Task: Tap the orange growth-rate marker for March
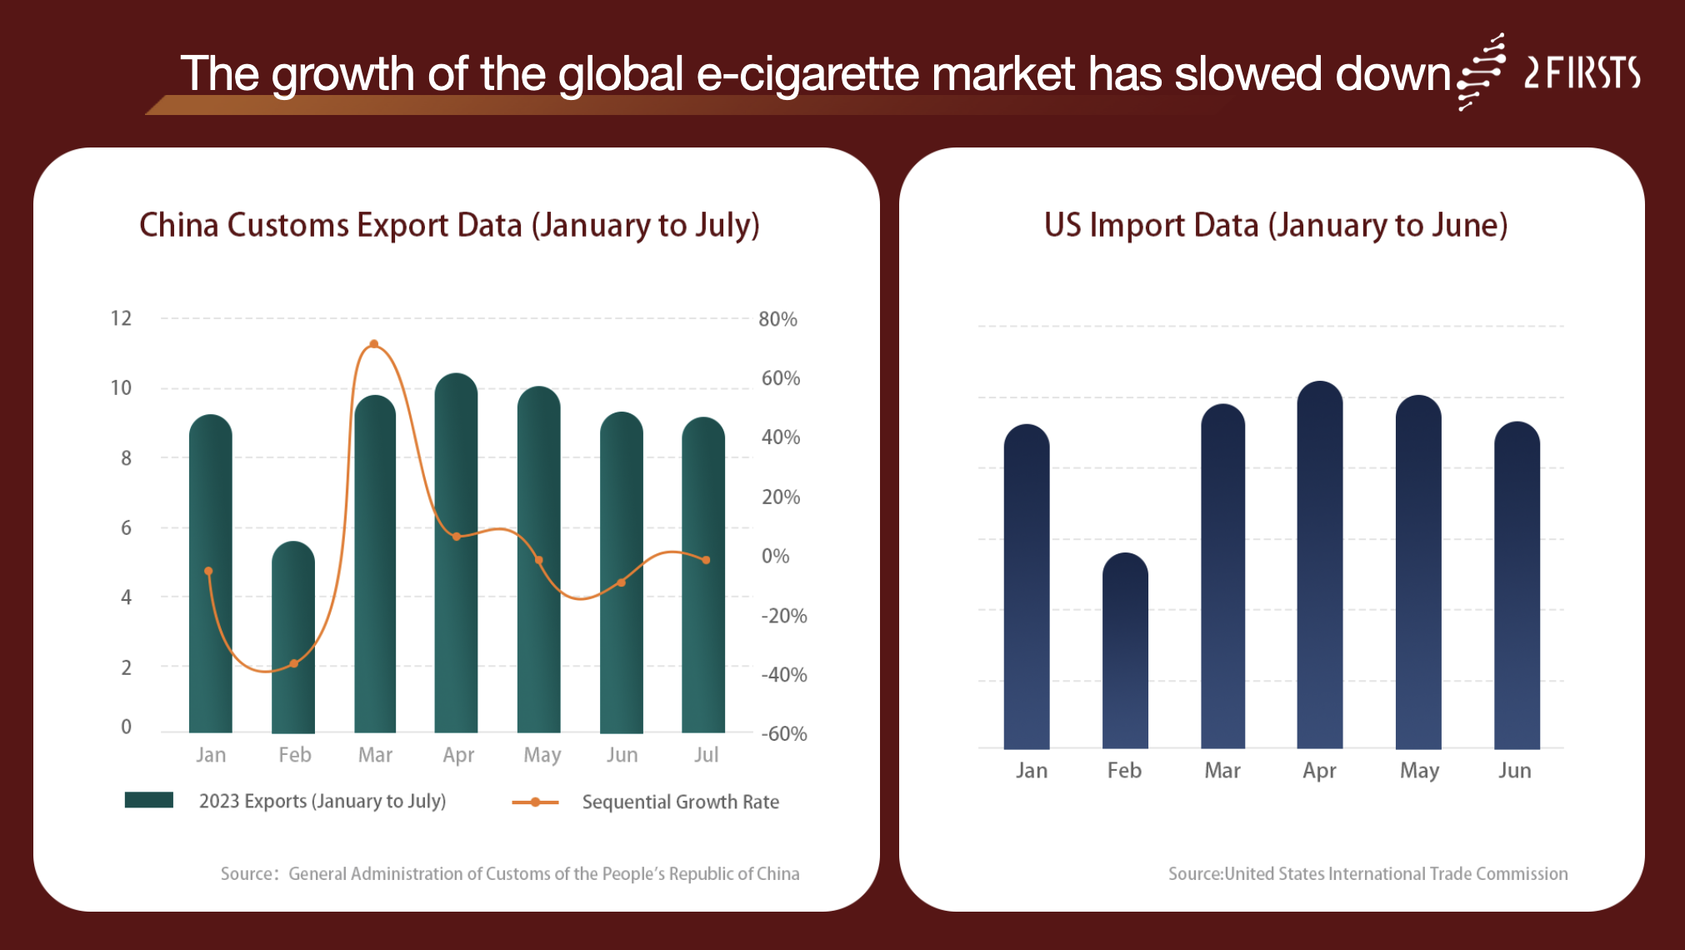[374, 344]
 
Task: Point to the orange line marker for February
[293, 664]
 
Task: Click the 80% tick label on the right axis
[777, 319]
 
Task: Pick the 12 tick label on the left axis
[121, 318]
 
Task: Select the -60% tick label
[783, 734]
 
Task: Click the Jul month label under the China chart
[706, 755]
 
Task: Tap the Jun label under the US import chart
[1514, 771]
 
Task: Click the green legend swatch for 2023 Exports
[149, 800]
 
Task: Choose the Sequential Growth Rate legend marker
[535, 802]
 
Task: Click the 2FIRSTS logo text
[1582, 73]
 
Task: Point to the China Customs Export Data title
[449, 225]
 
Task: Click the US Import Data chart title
[1275, 225]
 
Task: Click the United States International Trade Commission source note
[1367, 873]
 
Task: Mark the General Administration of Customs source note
[510, 873]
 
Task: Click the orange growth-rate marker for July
[706, 560]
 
